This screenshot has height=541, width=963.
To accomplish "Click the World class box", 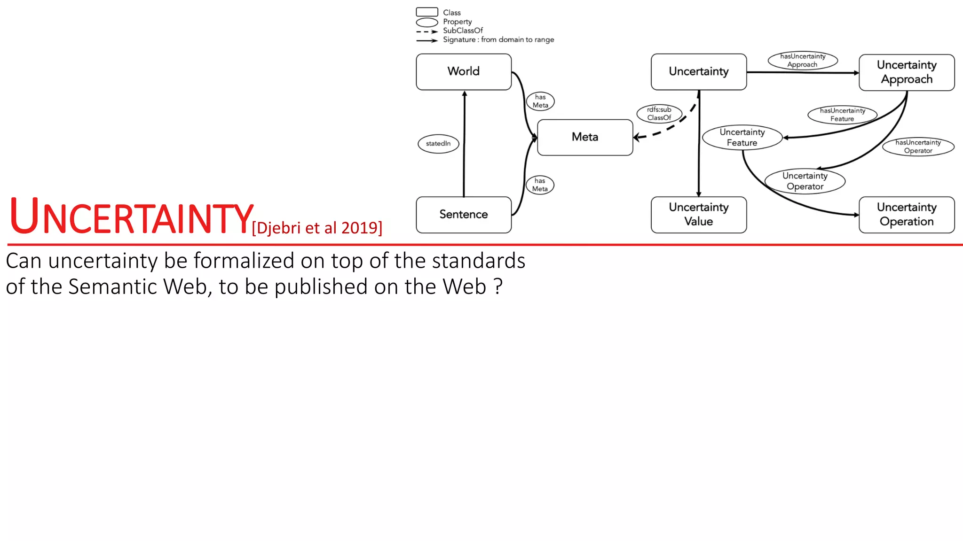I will coord(464,72).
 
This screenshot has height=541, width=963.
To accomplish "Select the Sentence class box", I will coord(464,215).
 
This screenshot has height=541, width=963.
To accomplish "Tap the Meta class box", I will coord(585,137).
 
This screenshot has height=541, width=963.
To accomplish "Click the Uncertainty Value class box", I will coord(699,215).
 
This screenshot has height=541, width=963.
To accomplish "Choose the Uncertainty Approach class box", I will coord(907,72).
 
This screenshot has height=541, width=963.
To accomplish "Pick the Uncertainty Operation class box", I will coord(907,215).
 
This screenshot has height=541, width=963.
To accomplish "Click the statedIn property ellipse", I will coord(438,144).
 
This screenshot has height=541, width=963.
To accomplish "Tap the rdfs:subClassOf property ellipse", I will coord(659,114).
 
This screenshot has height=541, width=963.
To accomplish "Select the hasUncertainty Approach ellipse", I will coord(803,61).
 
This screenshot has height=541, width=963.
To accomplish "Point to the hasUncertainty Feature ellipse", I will coord(842,115).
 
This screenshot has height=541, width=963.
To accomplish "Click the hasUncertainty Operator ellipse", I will coord(918,147).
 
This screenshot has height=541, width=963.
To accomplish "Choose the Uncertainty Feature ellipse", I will coord(742,138).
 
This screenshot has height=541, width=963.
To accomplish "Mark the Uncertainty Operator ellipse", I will coord(805,181).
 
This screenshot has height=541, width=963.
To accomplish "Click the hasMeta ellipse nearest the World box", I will coord(540,101).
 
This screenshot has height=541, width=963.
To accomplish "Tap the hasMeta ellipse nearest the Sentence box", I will coord(540,185).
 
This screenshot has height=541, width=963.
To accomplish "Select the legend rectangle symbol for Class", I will coord(427,12).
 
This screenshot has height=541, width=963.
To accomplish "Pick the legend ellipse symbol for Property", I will coord(427,22).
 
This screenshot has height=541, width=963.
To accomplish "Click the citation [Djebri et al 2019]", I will coord(317,228).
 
